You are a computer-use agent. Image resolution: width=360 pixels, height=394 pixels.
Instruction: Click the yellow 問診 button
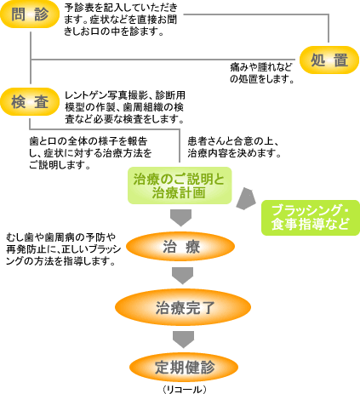coord(30,14)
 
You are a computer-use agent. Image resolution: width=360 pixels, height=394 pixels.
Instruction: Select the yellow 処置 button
coord(329,60)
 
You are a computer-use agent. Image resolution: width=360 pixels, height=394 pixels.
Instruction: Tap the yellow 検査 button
coord(30,102)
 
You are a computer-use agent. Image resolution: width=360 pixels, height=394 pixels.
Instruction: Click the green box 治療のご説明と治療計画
coord(180,186)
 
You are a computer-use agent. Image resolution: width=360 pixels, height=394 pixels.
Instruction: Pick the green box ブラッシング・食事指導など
coord(311,218)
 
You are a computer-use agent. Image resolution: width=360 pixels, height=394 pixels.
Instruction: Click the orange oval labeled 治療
coord(180,246)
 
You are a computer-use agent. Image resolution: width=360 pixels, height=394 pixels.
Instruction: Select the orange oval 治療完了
coord(183,307)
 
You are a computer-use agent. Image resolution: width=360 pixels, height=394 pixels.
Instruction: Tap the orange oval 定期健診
coord(184,367)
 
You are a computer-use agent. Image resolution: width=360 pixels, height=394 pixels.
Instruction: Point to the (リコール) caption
coord(185,389)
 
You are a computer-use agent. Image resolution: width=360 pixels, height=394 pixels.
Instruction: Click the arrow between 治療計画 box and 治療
coord(181,218)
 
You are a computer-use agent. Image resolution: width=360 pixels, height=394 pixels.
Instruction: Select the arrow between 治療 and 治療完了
coord(182,276)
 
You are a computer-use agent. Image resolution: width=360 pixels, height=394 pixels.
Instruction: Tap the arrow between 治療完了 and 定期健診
coord(184,340)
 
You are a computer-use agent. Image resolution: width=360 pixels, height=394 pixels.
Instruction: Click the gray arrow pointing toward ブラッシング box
coord(246,199)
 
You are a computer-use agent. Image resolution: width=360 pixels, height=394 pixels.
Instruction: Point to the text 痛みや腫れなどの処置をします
coord(261,73)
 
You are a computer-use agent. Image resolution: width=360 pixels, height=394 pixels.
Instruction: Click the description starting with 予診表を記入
coord(121,20)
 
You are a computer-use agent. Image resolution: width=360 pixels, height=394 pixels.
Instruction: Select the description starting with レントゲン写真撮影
coord(125,107)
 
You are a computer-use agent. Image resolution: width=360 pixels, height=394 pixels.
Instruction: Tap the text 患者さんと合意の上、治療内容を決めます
coord(234,147)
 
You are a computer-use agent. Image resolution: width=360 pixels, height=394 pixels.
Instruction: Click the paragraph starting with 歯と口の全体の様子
coord(90,153)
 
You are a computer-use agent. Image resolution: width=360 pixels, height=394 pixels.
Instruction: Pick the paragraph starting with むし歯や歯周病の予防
coord(64,249)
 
